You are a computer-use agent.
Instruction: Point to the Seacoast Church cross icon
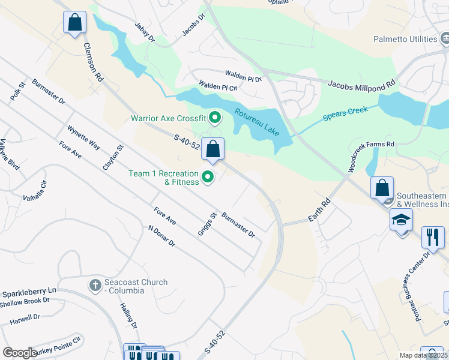click(95, 285)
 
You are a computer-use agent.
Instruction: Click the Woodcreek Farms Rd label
click(370, 153)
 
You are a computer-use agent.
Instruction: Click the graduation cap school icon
click(401, 220)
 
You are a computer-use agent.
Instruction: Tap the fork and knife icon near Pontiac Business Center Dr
click(432, 236)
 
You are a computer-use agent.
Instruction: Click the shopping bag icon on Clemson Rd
click(74, 23)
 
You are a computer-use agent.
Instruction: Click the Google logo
click(19, 353)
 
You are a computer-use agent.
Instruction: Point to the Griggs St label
click(207, 224)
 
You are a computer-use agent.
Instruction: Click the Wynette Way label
click(83, 137)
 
